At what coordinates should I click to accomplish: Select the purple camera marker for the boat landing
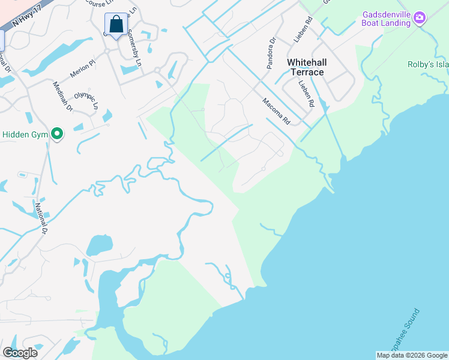419,19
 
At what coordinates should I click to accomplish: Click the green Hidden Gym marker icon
57,133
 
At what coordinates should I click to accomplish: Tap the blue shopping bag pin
116,25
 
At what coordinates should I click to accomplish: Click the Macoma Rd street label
276,111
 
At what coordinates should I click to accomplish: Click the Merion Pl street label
82,67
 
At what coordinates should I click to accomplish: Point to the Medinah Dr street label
62,97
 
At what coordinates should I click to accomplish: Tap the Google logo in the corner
20,352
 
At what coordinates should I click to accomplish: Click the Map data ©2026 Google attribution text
412,355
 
